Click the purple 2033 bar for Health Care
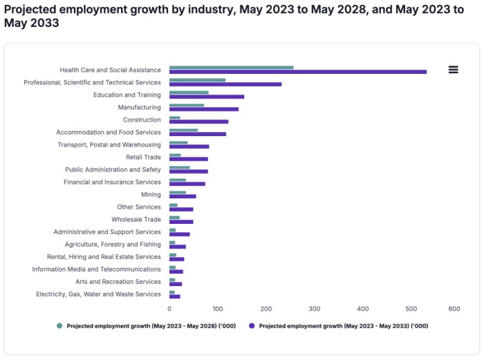click(297, 71)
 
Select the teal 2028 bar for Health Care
click(231, 67)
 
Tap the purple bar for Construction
click(198, 121)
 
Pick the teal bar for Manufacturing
click(187, 105)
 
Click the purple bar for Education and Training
click(207, 96)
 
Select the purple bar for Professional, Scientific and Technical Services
click(225, 84)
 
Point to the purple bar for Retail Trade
click(188, 158)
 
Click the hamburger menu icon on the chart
click(454, 69)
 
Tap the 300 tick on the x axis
click(315, 308)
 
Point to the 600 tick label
click(454, 308)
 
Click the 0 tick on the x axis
click(170, 308)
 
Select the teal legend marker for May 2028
click(59, 325)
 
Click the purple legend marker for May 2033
click(252, 325)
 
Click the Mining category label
click(151, 194)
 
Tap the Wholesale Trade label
click(136, 219)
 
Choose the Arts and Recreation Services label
click(118, 281)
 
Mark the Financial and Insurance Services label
click(111, 182)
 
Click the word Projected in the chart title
click(32, 8)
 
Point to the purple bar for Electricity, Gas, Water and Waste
click(175, 296)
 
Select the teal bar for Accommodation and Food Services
click(183, 130)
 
